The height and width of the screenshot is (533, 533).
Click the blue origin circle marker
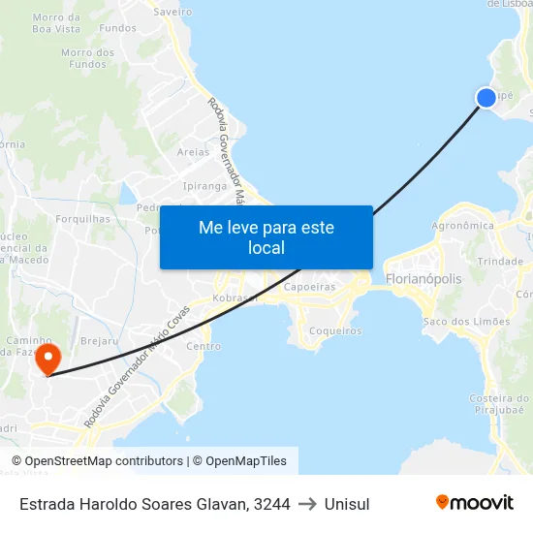(x=486, y=97)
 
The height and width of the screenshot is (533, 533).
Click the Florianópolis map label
(x=423, y=279)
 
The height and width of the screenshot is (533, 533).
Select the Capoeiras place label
(x=309, y=287)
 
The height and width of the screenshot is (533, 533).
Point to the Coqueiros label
(x=335, y=330)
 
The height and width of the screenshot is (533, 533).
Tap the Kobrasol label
(x=235, y=298)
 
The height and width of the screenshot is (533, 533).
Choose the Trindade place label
(x=500, y=262)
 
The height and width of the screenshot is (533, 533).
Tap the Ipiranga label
(x=203, y=185)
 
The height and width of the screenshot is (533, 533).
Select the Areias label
(x=193, y=152)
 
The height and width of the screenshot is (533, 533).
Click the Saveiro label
(x=173, y=12)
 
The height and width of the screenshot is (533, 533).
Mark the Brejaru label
(x=99, y=342)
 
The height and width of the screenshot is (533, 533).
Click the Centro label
(x=204, y=346)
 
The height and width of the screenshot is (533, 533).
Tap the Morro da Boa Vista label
(x=56, y=23)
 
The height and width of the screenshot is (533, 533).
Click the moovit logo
(x=474, y=502)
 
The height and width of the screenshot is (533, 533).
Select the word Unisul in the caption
(x=347, y=504)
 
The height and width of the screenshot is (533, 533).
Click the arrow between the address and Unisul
(x=307, y=504)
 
